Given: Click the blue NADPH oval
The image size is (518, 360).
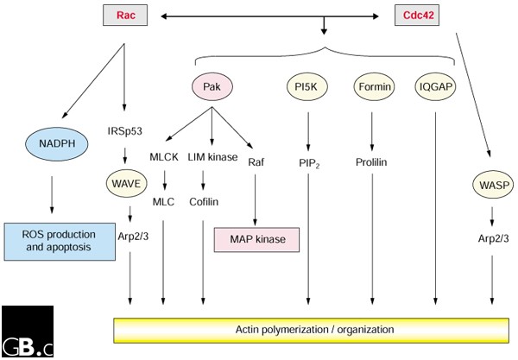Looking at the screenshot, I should [53, 145].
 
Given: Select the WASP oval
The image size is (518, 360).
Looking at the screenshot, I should [491, 184].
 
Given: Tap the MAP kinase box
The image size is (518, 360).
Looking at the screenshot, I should [256, 239].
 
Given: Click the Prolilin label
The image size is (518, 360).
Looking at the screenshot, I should [372, 161].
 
